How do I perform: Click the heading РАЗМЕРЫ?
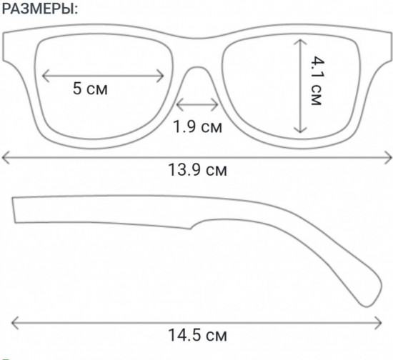tap(40, 9)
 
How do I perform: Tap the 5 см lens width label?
tap(90, 89)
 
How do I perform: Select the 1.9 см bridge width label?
tap(197, 126)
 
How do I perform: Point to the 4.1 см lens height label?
tap(317, 81)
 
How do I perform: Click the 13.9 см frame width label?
tap(197, 169)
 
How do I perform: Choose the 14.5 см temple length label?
tap(197, 335)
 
